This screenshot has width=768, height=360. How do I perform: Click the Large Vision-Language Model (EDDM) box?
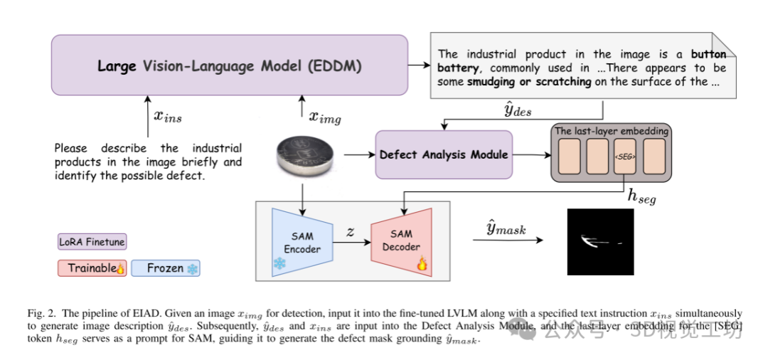pyautogui.click(x=229, y=65)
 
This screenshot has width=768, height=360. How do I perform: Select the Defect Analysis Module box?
pyautogui.click(x=444, y=154)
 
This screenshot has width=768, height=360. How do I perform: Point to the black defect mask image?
pyautogui.click(x=599, y=243)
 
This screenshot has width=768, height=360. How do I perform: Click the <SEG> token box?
pyautogui.click(x=625, y=157)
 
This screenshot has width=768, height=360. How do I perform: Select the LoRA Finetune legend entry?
pyautogui.click(x=92, y=242)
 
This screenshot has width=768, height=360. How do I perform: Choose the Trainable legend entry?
pyautogui.click(x=92, y=268)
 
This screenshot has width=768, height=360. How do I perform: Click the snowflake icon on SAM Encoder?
pyautogui.click(x=279, y=263)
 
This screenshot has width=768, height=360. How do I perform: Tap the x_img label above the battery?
pyautogui.click(x=324, y=117)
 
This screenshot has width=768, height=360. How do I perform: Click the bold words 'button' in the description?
pyautogui.click(x=708, y=53)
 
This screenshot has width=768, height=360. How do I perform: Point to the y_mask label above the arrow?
pyautogui.click(x=506, y=228)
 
